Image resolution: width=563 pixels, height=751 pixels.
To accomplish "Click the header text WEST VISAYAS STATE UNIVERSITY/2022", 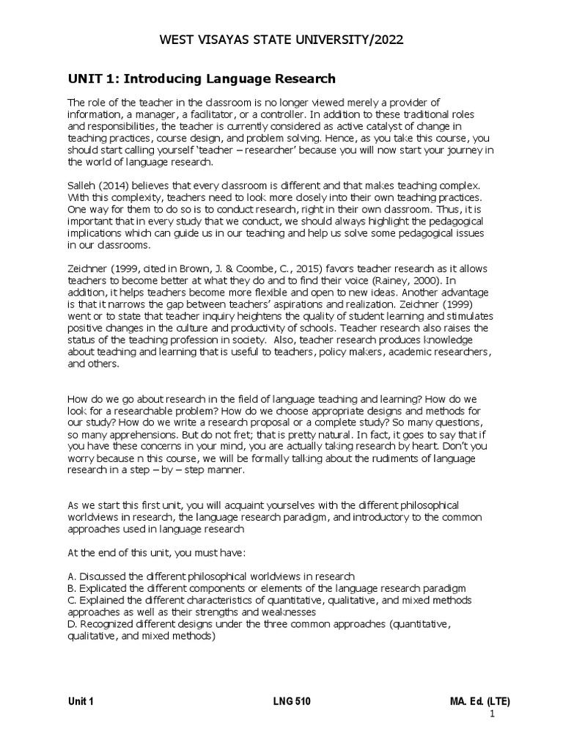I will [x=281, y=40].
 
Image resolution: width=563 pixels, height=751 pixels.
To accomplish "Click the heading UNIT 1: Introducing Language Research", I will [x=202, y=78].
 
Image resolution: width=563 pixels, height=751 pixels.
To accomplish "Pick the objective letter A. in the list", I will [x=72, y=576].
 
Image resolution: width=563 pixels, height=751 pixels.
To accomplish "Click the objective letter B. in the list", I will [x=72, y=588].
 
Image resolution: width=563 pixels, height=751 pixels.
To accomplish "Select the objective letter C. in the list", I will [x=72, y=600].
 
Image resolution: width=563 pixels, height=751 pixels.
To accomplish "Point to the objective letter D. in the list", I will [x=72, y=624].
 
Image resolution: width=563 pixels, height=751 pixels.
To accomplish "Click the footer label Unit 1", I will [x=81, y=701].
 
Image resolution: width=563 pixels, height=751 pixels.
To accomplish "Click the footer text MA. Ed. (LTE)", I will [x=480, y=701].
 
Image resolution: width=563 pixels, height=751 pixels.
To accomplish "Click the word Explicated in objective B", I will [x=103, y=588].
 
